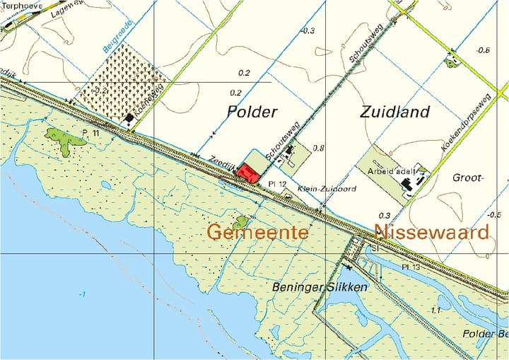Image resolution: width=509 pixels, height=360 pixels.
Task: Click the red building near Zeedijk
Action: click(x=247, y=172)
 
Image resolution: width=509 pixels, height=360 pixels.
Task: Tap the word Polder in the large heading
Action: click(x=252, y=112)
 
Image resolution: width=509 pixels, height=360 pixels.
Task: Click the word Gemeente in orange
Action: click(x=257, y=232)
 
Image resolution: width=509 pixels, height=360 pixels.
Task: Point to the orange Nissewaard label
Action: click(x=431, y=232)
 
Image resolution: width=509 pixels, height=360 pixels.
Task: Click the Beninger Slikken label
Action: click(x=320, y=287)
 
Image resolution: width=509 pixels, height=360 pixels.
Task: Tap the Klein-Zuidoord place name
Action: click(x=326, y=190)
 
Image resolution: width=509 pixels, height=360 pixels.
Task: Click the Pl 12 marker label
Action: click(x=277, y=184)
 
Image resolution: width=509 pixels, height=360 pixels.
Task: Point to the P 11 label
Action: click(x=90, y=132)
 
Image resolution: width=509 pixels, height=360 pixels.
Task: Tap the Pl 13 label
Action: click(x=411, y=267)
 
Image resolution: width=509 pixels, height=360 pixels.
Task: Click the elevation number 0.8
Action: click(x=318, y=149)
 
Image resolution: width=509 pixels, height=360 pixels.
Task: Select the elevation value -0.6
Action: click(x=484, y=50)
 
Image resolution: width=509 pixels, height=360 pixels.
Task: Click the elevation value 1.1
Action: click(x=435, y=310)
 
